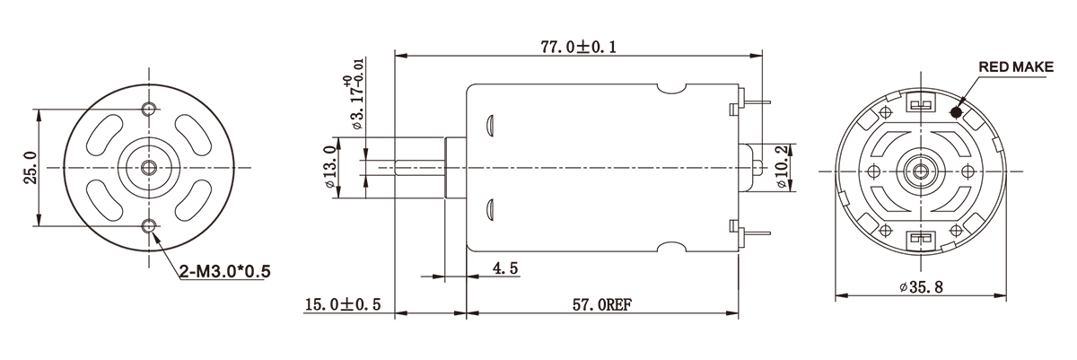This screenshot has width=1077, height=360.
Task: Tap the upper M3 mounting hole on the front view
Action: tap(148, 109)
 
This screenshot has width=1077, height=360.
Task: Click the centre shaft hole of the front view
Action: tap(148, 166)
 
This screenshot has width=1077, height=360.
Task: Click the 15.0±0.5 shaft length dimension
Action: tap(343, 305)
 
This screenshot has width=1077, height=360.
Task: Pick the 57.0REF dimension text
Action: tap(603, 305)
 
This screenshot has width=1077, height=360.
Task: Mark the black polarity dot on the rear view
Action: tap(955, 112)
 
